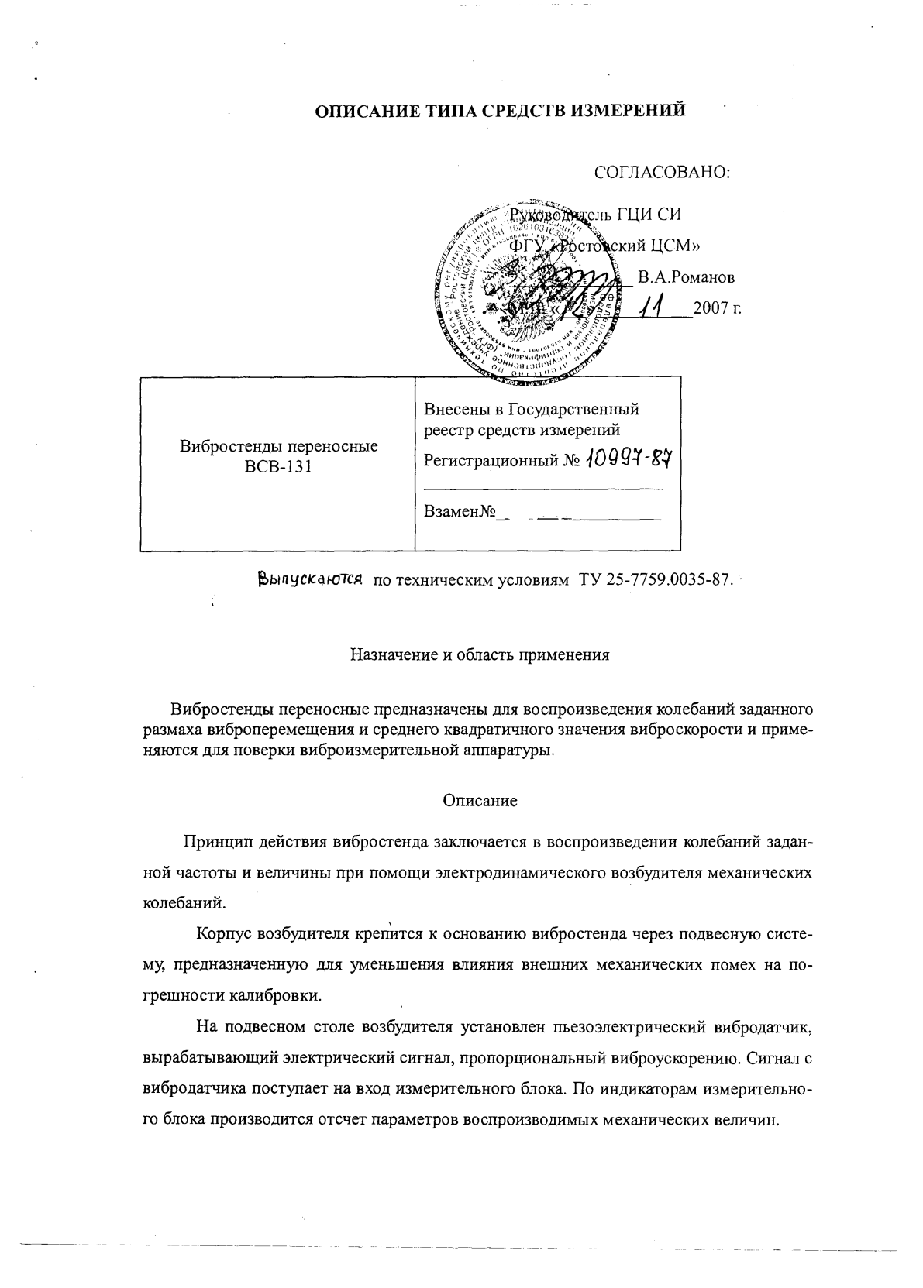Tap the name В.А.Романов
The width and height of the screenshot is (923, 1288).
686,277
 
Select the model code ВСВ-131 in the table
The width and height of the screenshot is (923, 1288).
278,466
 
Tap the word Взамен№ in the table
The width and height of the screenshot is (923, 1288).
460,512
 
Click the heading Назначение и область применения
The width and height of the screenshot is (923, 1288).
480,655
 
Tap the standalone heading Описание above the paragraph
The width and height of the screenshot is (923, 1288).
480,801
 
